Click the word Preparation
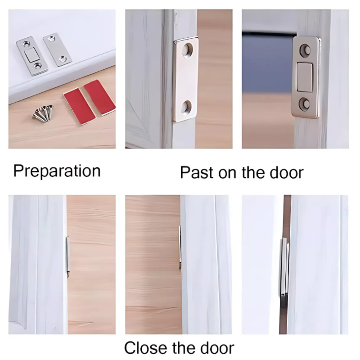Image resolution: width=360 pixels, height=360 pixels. click(x=57, y=171)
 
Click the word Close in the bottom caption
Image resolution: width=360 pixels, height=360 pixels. click(x=145, y=348)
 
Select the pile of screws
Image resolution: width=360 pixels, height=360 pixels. click(x=43, y=113)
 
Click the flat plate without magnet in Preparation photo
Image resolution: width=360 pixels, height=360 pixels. click(x=58, y=49)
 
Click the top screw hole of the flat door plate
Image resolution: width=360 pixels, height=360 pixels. click(x=187, y=50)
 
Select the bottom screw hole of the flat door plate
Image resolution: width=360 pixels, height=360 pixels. click(x=187, y=108)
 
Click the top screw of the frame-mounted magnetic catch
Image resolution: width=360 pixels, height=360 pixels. click(x=306, y=50)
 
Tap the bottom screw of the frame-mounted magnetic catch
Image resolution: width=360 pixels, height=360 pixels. click(x=305, y=104)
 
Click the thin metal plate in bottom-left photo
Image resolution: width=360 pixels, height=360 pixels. click(x=68, y=256)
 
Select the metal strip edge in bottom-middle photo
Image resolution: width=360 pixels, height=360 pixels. click(x=180, y=247)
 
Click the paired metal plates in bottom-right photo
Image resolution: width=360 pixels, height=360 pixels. click(x=284, y=267)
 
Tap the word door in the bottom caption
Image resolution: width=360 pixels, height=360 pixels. click(x=217, y=348)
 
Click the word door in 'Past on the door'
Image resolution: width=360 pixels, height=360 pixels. click(x=287, y=172)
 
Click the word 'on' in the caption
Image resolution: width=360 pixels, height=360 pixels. click(x=227, y=174)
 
